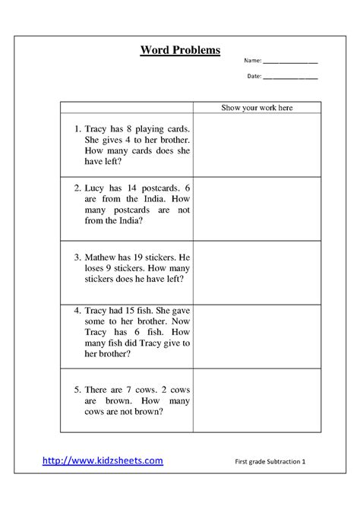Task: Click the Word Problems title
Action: tap(180, 50)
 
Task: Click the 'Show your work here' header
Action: tap(257, 108)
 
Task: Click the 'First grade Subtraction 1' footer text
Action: tap(270, 462)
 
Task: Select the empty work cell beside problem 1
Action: tap(257, 145)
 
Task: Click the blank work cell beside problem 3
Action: tap(257, 273)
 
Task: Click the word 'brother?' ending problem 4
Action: tap(102, 353)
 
